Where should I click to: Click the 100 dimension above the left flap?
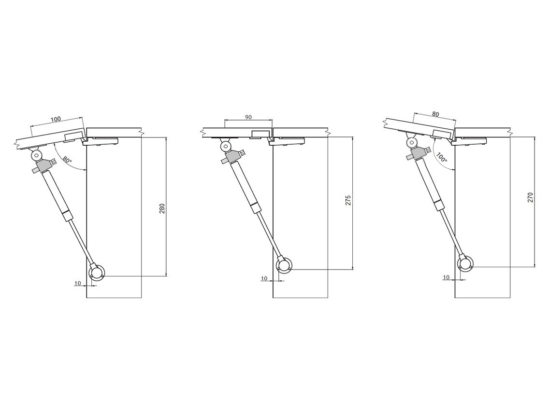[x=56, y=119]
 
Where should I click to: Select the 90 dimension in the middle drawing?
[x=248, y=117]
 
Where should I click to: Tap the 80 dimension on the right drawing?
[x=435, y=114]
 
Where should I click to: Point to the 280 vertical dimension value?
[x=162, y=209]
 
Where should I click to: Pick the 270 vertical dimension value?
[x=531, y=197]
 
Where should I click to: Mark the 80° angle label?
[x=67, y=161]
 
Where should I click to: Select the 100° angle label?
[x=442, y=158]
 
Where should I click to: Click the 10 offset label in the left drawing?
[x=78, y=283]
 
